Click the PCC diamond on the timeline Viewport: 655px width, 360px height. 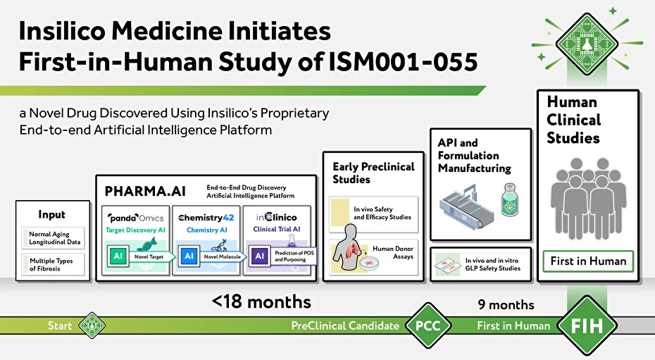pyautogui.click(x=428, y=325)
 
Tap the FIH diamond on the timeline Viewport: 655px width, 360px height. pyautogui.click(x=587, y=325)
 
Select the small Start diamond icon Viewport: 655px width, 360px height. pyautogui.click(x=92, y=325)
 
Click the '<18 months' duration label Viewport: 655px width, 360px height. pyautogui.click(x=261, y=302)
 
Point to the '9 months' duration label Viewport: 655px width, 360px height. pyautogui.click(x=506, y=305)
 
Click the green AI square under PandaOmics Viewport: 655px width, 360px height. pyautogui.click(x=118, y=256)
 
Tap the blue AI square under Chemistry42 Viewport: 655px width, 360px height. pyautogui.click(x=189, y=256)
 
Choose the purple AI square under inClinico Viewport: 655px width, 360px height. pyautogui.click(x=259, y=256)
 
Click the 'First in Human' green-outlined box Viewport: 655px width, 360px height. pyautogui.click(x=588, y=261)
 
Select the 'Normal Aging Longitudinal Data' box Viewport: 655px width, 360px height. pyautogui.click(x=53, y=238)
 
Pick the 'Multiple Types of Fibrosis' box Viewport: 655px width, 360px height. pyautogui.click(x=53, y=264)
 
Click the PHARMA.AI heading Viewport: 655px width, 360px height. pyautogui.click(x=145, y=192)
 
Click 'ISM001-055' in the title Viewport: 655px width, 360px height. pyautogui.click(x=403, y=62)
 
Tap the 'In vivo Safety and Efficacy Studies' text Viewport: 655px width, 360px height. pyautogui.click(x=382, y=213)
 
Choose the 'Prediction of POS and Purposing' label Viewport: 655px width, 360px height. pyautogui.click(x=294, y=256)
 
